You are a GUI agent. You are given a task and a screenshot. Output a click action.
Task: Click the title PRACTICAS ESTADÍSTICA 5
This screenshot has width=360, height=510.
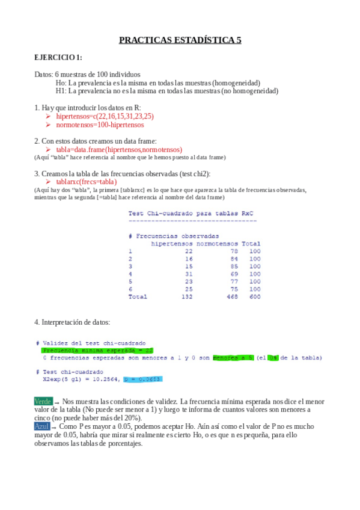tap(180, 40)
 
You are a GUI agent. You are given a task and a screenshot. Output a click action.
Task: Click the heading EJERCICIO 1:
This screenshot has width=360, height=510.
tap(58, 58)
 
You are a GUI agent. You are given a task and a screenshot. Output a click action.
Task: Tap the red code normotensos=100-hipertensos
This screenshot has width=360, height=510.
tap(100, 124)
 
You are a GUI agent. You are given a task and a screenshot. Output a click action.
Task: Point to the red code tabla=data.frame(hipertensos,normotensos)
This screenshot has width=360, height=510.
tap(118, 149)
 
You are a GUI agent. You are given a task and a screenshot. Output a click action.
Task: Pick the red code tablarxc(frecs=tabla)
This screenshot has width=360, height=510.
tap(86, 182)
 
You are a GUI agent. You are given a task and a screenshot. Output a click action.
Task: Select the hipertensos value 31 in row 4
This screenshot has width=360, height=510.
tap(189, 274)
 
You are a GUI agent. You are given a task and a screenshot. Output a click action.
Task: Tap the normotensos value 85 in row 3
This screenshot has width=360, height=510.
tap(234, 266)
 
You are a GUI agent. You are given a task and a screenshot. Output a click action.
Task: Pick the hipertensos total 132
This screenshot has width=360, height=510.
tap(186, 296)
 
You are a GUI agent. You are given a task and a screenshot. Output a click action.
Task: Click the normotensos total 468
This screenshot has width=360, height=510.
tap(231, 296)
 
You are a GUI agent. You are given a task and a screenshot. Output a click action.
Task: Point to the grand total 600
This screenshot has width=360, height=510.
tap(255, 296)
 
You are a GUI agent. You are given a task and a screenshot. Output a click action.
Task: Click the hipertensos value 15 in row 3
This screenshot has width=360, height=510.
tap(189, 266)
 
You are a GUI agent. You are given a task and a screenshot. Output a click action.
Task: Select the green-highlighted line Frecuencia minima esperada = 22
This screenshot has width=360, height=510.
tap(98, 350)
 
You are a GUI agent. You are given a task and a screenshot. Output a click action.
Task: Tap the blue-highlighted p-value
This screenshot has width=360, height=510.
tap(142, 379)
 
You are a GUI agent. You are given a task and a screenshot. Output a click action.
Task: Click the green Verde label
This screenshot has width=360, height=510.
tap(43, 401)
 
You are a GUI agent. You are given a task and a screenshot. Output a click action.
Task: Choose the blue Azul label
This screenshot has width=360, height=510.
tap(41, 426)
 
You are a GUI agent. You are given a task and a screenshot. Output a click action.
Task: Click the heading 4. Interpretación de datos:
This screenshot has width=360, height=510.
tap(72, 322)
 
